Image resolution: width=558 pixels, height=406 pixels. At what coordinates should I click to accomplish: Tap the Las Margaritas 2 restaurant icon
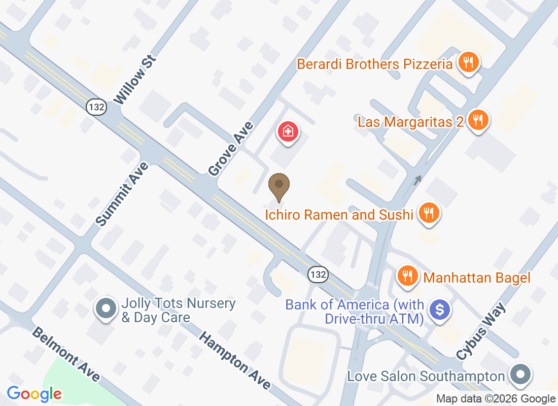tap(477, 120)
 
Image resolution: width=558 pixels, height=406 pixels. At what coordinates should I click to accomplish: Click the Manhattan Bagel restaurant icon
tap(407, 276)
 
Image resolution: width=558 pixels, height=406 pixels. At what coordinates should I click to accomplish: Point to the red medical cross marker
tap(288, 132)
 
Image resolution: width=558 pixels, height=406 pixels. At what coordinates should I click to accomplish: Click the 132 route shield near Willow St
tap(96, 107)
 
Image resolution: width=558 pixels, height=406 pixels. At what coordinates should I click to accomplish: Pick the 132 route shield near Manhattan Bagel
tap(318, 275)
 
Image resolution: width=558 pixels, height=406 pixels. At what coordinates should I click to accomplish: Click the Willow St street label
tap(135, 81)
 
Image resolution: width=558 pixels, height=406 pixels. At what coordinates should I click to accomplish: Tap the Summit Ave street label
tap(122, 194)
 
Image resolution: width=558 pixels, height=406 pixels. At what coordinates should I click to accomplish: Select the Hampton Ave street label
tap(234, 360)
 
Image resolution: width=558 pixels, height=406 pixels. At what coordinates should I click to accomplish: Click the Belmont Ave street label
tap(65, 354)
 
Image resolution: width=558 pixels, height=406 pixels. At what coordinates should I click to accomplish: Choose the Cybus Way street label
tap(481, 331)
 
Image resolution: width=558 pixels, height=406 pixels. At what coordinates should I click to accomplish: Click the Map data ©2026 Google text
tap(496, 399)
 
